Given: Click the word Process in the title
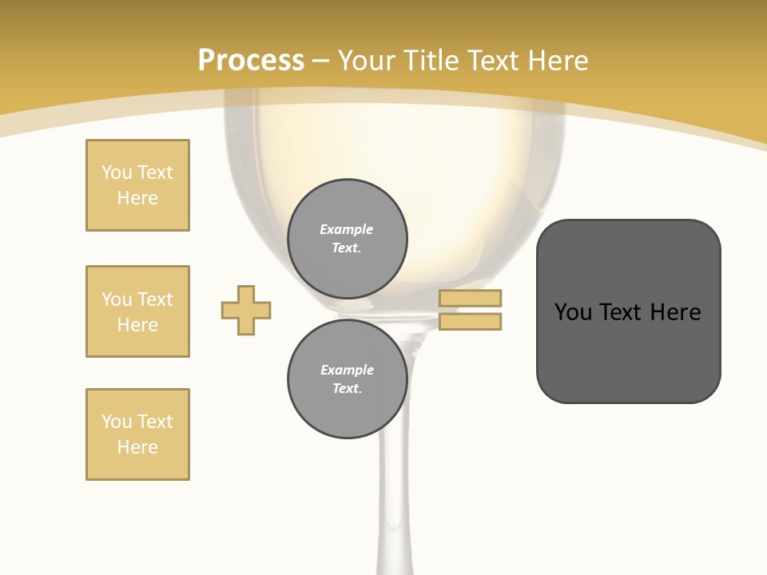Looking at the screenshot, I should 251,61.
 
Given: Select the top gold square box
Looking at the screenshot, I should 137,185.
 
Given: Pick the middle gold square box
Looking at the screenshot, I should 137,311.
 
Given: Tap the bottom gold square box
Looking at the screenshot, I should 137,434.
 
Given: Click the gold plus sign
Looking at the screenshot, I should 246,310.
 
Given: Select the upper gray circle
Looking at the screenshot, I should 347,239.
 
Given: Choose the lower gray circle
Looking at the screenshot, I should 347,379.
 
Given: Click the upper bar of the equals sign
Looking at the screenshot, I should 471,298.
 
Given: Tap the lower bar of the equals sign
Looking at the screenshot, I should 471,321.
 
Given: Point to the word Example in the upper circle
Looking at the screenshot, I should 347,229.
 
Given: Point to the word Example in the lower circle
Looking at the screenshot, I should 347,370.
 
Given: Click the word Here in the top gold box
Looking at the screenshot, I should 137,198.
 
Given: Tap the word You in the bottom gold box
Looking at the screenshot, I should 116,422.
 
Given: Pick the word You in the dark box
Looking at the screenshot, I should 573,311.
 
